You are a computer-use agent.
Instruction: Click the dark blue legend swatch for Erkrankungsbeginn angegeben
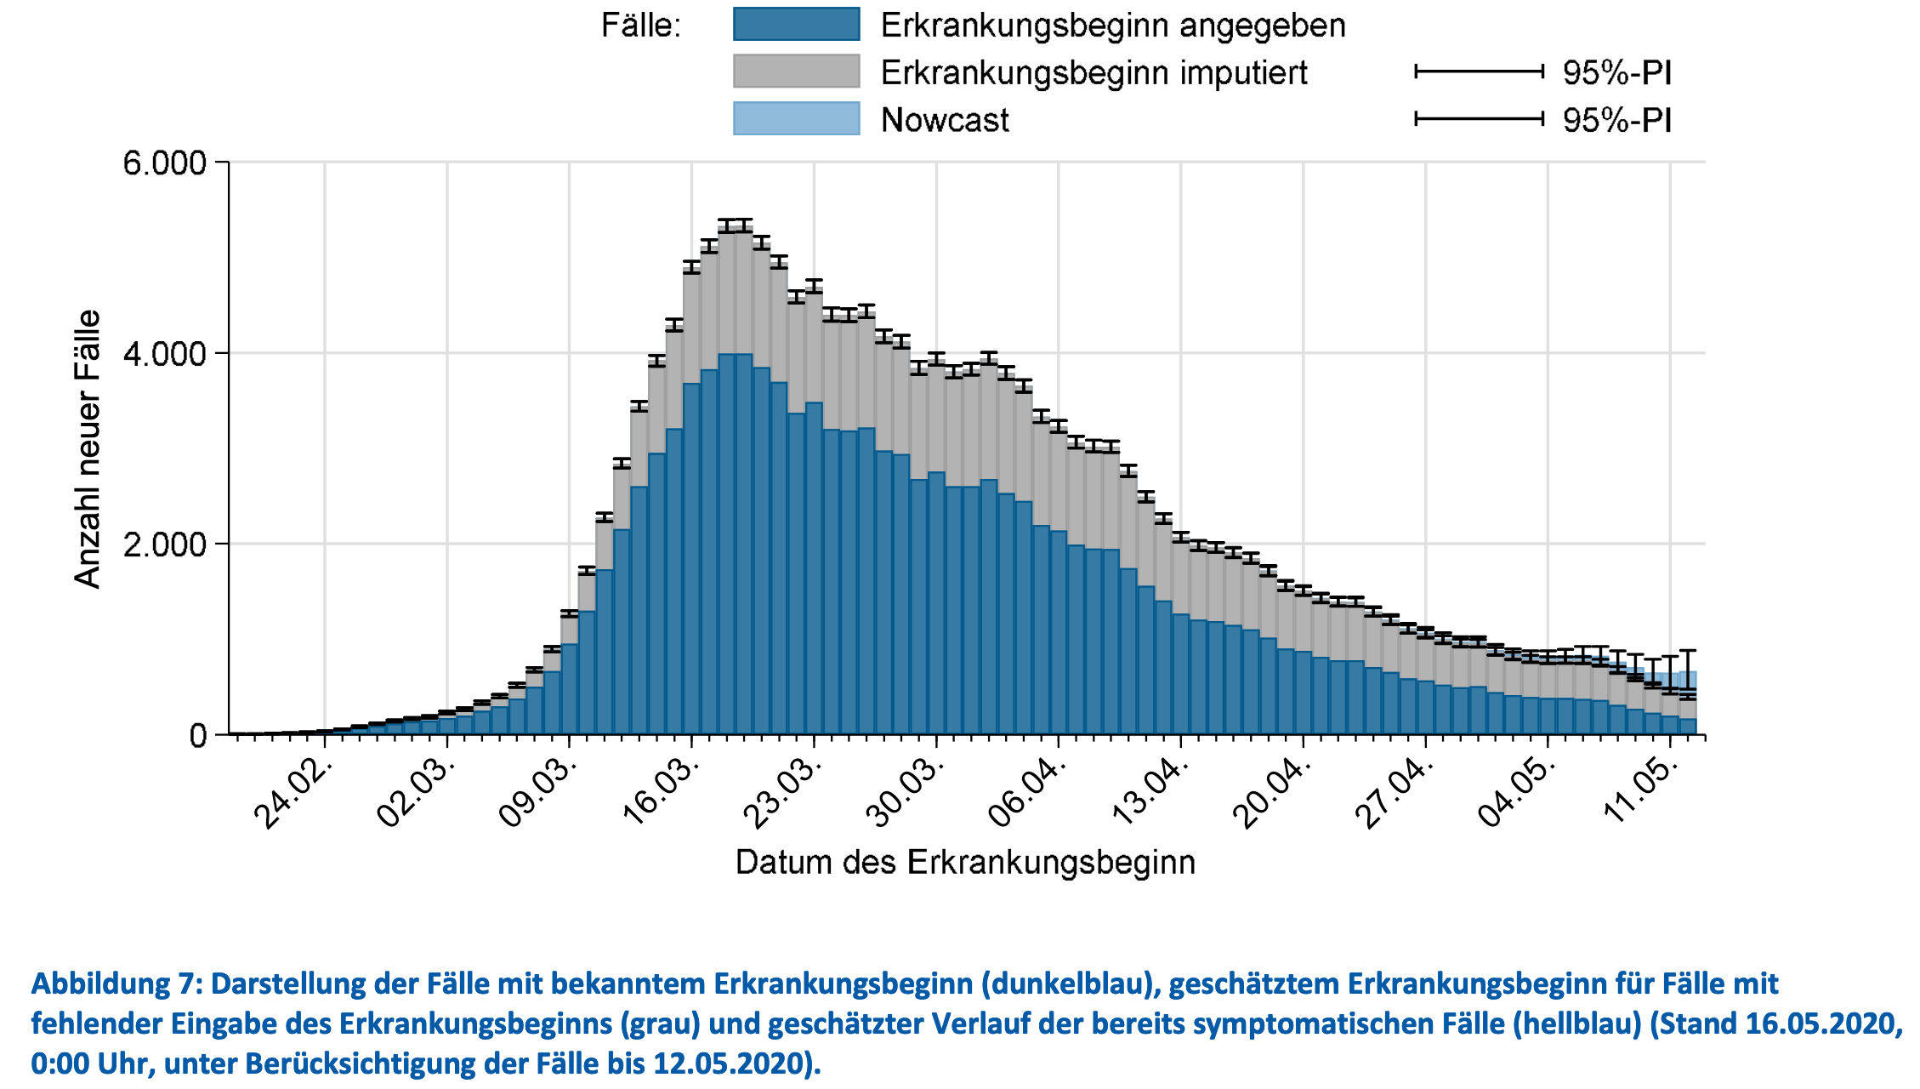(x=796, y=24)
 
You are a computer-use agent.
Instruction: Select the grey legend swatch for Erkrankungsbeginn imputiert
(x=796, y=71)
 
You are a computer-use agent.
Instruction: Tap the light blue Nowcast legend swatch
(x=796, y=119)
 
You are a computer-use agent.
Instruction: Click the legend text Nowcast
(x=945, y=120)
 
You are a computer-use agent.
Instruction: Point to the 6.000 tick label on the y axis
(x=165, y=162)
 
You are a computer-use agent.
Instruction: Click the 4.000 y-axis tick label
(x=165, y=353)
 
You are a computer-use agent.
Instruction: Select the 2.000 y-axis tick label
(x=165, y=544)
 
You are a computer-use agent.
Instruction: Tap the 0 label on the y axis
(x=198, y=735)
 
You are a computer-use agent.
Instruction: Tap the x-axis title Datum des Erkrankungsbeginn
(x=965, y=862)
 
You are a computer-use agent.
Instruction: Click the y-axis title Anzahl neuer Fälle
(x=88, y=448)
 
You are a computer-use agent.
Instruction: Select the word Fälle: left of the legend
(x=641, y=26)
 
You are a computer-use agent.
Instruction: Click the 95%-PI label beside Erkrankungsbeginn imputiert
(x=1617, y=72)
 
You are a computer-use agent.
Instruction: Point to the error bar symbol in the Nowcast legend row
(x=1479, y=119)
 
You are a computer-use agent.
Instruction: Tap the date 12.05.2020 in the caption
(x=728, y=1063)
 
